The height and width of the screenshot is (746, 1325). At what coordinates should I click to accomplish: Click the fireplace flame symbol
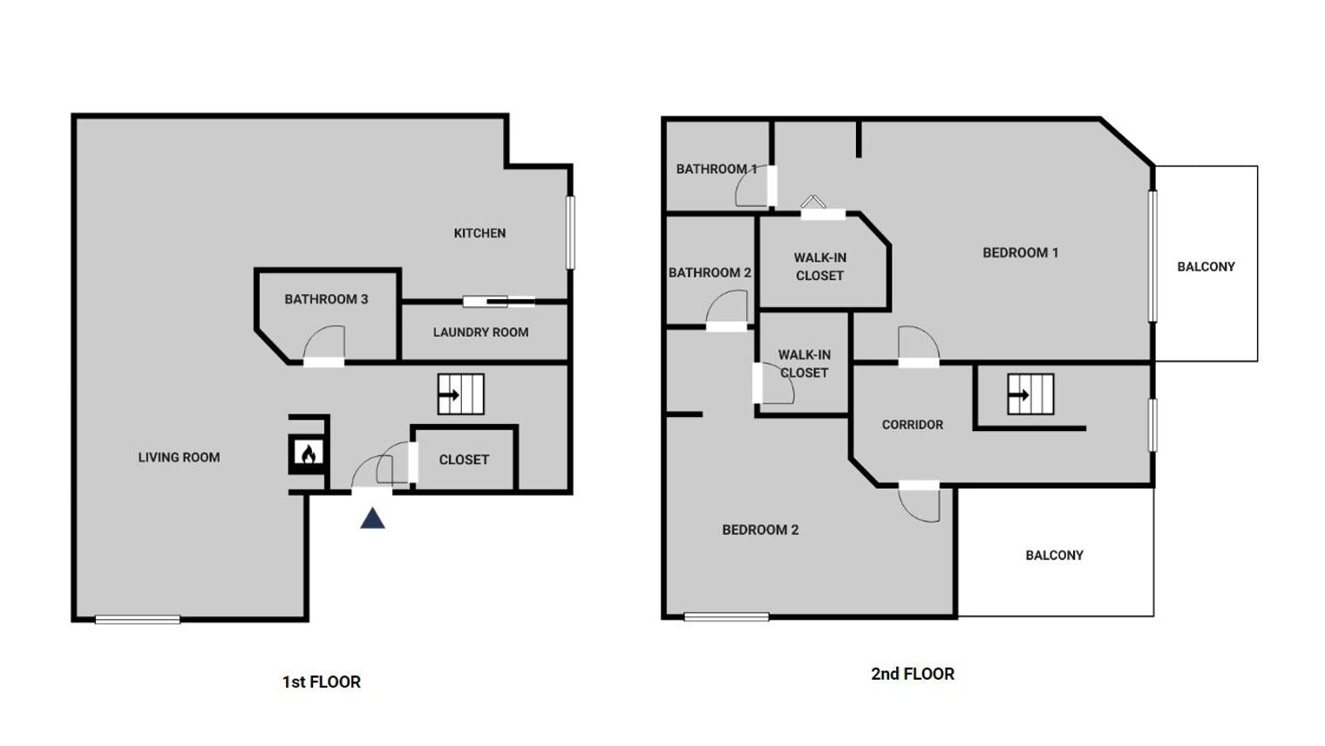point(309,454)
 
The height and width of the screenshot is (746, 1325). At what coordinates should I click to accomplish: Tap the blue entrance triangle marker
point(373,518)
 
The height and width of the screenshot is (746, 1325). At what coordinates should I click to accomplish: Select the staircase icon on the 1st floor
point(461,394)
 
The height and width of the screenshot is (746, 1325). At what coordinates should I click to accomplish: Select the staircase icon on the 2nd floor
point(1030,394)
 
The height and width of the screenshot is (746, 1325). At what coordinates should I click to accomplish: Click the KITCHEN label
point(479,233)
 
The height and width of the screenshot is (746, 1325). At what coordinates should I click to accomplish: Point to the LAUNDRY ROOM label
point(481,332)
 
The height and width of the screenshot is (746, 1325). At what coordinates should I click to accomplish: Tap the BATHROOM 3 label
point(327,299)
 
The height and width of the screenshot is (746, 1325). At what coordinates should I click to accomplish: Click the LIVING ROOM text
point(180,457)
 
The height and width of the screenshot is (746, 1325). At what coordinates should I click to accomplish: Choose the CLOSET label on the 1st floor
point(464,460)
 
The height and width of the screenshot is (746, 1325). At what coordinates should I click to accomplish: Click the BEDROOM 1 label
point(1021,253)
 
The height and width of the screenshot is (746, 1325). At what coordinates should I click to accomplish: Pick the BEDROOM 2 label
point(760,530)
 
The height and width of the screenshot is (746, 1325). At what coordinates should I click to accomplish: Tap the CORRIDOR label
point(913,425)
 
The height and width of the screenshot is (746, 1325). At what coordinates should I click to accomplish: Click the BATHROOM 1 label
point(717,168)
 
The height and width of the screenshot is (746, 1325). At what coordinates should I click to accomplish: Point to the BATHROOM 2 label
point(710,272)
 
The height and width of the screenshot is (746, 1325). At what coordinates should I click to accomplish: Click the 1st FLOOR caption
point(321,682)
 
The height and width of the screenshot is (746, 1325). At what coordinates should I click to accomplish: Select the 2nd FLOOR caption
point(913,674)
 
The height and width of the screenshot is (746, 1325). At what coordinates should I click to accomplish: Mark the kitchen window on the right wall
point(570,233)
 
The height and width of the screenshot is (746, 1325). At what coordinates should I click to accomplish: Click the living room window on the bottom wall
point(138,619)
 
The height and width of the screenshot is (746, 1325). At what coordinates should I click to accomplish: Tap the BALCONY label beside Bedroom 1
point(1206,267)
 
